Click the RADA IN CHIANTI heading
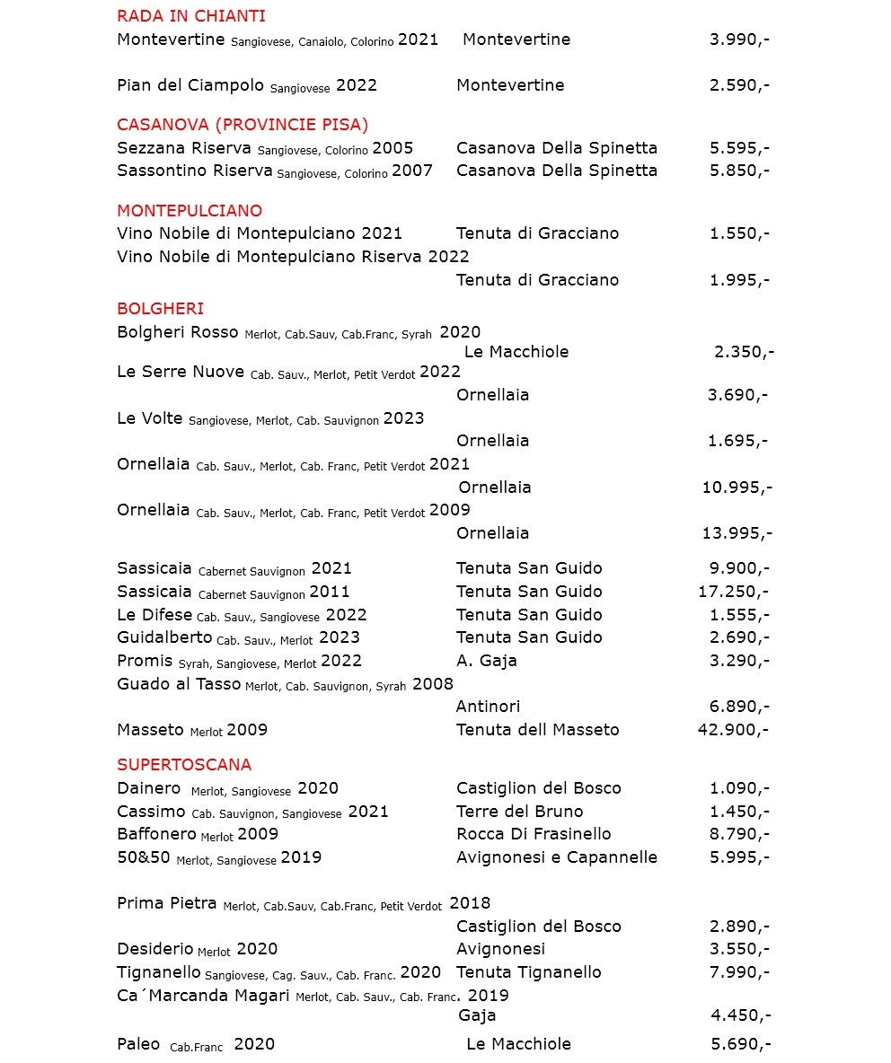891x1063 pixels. [x=191, y=16]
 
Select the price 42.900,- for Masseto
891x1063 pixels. [x=733, y=730]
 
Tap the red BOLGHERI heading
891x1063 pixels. [x=161, y=309]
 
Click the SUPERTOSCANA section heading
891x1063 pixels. [x=184, y=765]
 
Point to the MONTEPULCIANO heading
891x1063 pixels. [x=190, y=211]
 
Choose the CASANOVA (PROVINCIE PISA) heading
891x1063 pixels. [x=243, y=125]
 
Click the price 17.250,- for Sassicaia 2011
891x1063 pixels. [x=733, y=592]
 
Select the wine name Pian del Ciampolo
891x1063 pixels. [x=190, y=85]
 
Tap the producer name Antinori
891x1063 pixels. [x=488, y=707]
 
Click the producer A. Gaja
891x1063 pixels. [x=486, y=661]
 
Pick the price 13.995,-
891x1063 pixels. [x=737, y=533]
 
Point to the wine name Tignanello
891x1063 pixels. [x=159, y=972]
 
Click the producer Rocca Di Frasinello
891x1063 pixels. [x=534, y=834]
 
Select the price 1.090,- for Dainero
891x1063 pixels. [x=739, y=788]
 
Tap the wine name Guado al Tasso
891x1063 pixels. [x=179, y=684]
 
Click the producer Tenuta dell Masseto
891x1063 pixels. [x=537, y=730]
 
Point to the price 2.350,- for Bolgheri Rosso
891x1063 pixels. [x=744, y=352]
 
